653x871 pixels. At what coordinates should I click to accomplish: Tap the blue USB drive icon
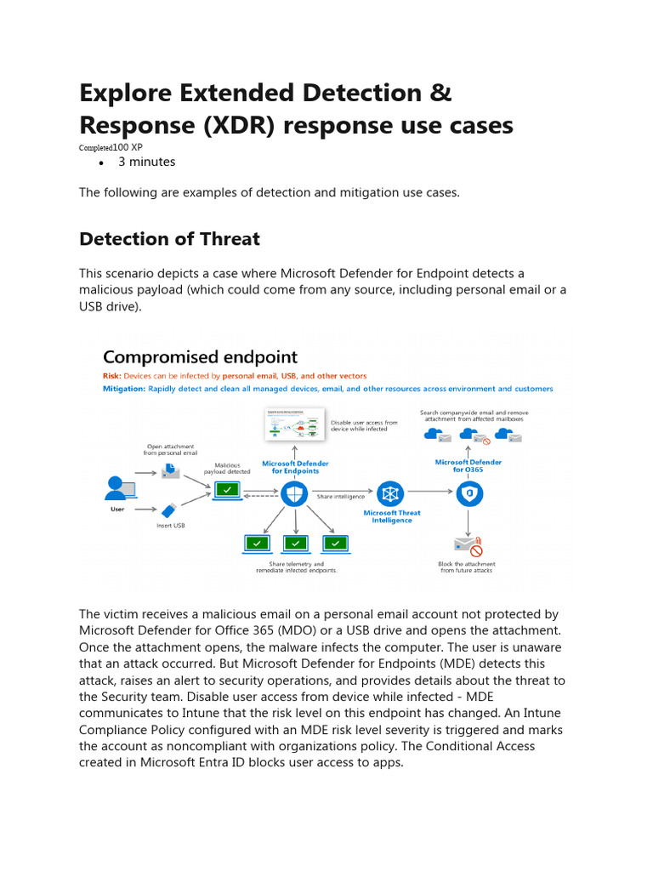pos(170,510)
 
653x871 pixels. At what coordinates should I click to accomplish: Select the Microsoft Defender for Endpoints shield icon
pos(293,494)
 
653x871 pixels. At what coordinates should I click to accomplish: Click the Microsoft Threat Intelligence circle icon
pos(391,494)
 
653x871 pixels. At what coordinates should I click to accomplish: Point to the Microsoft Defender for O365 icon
pos(468,493)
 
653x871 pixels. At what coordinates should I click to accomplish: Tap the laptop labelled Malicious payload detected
pos(227,490)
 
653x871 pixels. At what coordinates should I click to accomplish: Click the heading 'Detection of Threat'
pos(169,239)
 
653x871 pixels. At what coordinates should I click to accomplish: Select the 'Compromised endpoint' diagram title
pos(200,357)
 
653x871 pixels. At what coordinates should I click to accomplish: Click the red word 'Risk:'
pos(112,375)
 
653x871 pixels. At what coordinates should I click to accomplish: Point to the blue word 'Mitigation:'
pos(124,389)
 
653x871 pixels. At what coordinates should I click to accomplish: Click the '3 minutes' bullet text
pos(146,162)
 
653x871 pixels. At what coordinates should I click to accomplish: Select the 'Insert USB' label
pos(170,526)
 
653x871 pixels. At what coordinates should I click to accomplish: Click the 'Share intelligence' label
pos(341,497)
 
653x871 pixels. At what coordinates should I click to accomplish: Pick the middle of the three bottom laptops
pos(295,543)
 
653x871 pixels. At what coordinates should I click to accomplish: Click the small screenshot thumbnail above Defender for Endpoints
pos(294,424)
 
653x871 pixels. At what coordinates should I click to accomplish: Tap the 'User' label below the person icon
pos(117,510)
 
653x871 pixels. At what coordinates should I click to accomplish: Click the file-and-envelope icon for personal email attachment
pos(170,470)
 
